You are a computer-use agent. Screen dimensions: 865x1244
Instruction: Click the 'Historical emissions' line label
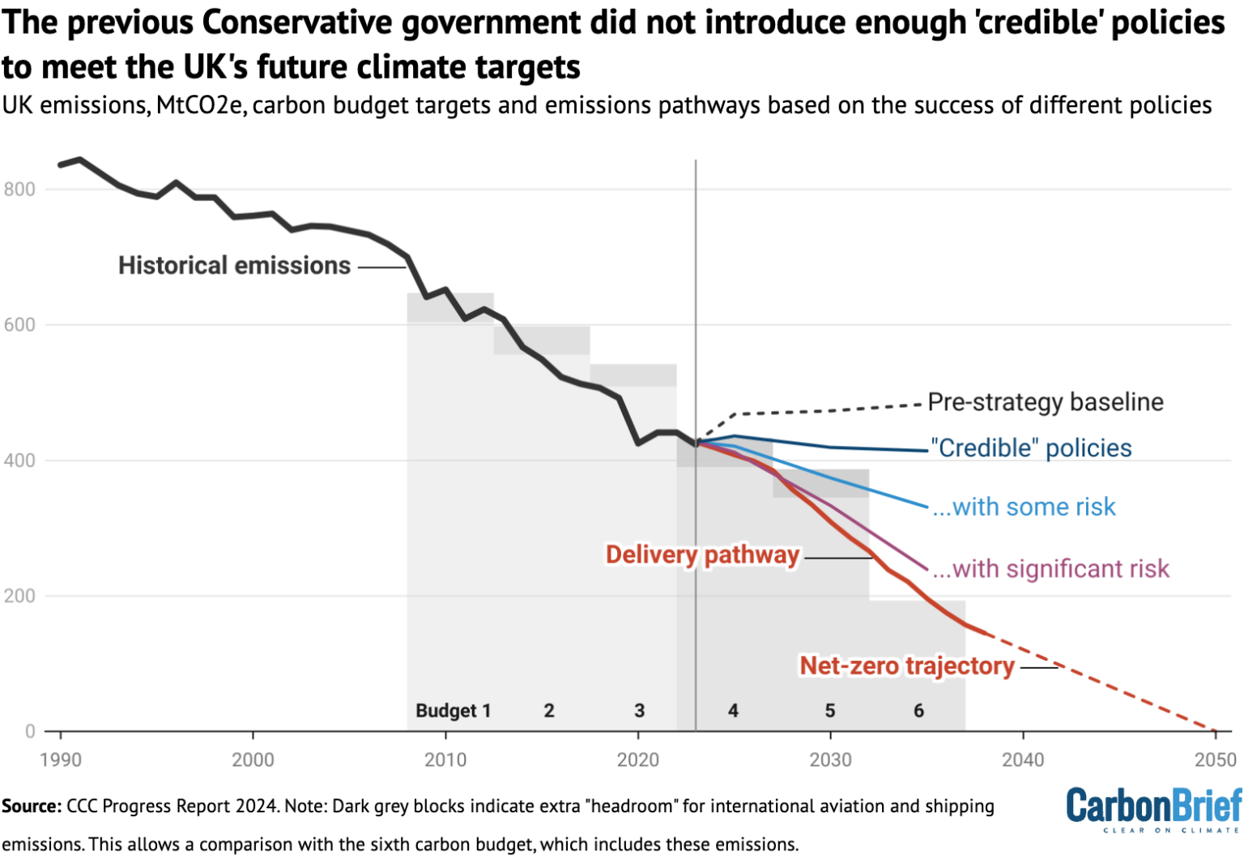[234, 265]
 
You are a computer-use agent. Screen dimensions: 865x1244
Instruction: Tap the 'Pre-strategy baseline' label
[1045, 402]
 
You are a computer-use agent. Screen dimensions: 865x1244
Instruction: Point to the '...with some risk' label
[1024, 507]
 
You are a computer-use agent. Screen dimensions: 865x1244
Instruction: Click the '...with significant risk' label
[1050, 569]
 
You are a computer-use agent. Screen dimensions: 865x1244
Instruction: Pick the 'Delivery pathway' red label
[702, 555]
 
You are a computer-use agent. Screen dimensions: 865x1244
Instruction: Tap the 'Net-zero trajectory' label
[906, 666]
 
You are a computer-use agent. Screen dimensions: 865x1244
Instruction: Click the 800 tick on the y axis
[19, 190]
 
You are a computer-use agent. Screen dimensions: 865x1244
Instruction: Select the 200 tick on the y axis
[19, 596]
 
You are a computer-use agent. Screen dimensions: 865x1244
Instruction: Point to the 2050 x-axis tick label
[1215, 760]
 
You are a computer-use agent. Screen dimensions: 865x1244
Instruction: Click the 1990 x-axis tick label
[61, 760]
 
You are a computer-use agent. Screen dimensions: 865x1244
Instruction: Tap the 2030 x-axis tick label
[830, 760]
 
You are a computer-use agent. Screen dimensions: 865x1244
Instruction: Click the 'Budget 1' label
[453, 711]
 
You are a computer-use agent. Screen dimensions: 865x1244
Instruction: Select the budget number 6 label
[918, 711]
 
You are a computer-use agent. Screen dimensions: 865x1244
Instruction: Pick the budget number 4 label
[733, 711]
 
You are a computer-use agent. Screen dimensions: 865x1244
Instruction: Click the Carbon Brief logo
[1153, 808]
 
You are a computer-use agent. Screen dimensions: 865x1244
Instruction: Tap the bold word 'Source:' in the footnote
[32, 807]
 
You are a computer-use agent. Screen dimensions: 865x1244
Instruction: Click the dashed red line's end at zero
[1214, 730]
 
